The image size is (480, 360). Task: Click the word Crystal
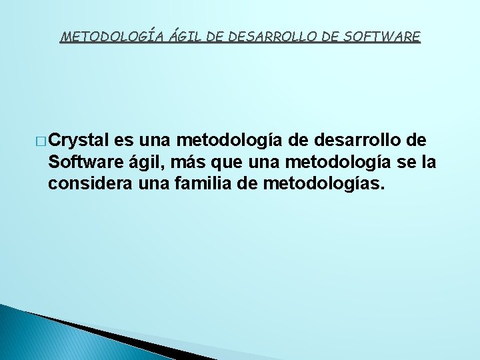pos(79,141)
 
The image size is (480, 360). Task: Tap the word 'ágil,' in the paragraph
pos(147,163)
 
